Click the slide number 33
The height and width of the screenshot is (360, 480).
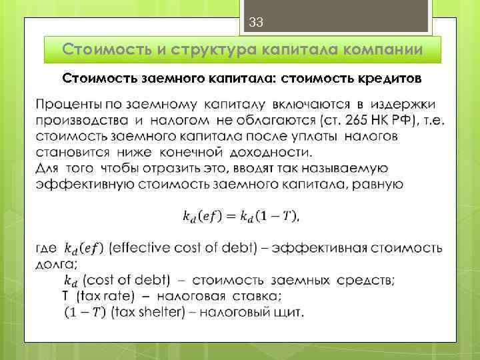[x=257, y=23]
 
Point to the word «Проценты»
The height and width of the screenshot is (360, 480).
[x=65, y=105]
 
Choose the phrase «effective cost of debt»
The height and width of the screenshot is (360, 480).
[x=182, y=249]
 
